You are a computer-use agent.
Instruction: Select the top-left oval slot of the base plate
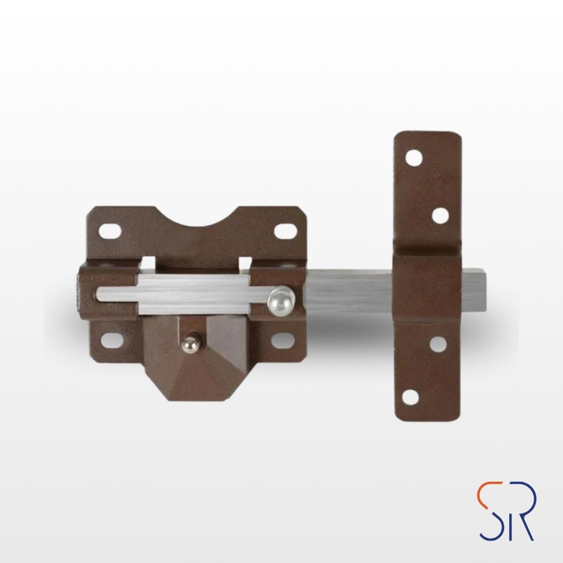[x=110, y=231]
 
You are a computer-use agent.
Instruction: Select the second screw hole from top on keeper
[x=440, y=216]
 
